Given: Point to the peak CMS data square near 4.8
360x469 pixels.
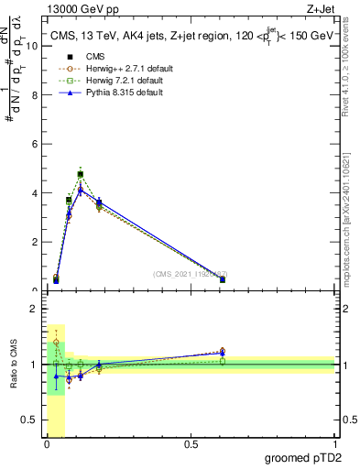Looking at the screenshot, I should pyautogui.click(x=81, y=174).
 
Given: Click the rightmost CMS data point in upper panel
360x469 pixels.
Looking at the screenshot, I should pyautogui.click(x=223, y=279).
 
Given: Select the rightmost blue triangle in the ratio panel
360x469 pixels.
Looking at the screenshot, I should pyautogui.click(x=223, y=353).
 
